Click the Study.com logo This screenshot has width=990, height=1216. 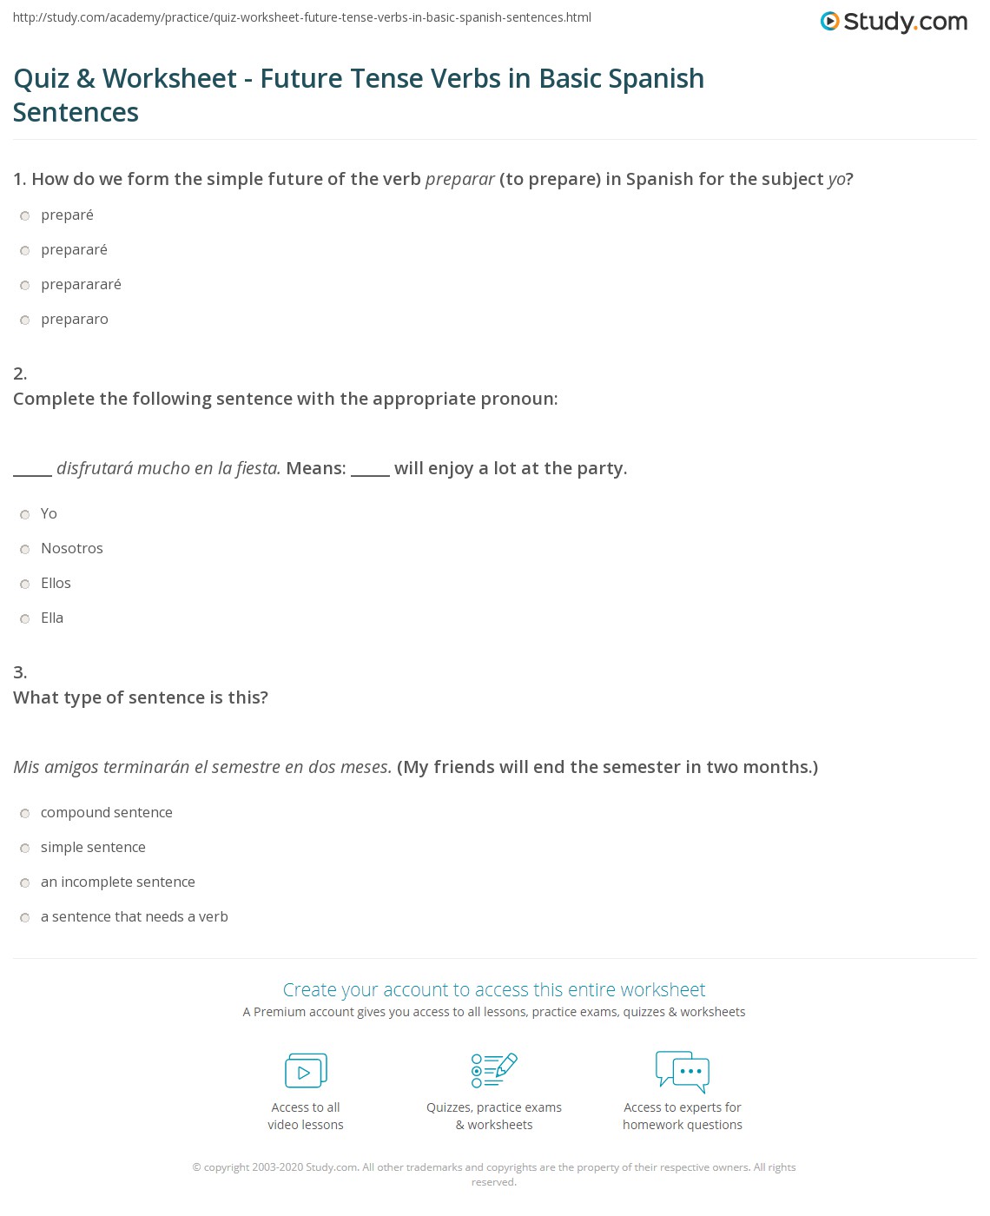(x=894, y=22)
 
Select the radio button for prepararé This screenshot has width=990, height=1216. (x=25, y=251)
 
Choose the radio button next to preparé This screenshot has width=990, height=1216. (x=25, y=216)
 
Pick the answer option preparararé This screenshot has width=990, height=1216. (x=25, y=286)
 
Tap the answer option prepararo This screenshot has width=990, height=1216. (x=25, y=321)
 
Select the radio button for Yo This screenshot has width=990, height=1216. (x=25, y=515)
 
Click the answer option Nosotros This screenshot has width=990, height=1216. (x=25, y=550)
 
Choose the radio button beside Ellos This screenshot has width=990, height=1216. (x=25, y=585)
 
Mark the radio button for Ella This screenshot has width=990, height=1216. (x=25, y=619)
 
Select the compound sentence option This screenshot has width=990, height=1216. (x=25, y=814)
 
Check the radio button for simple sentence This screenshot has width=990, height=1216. (x=25, y=849)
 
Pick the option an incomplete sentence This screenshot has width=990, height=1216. (x=25, y=883)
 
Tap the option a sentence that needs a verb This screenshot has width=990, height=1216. (x=25, y=918)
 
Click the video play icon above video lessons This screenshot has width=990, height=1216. (x=306, y=1071)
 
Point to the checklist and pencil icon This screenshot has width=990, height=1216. (x=494, y=1070)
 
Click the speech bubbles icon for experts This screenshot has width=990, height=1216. (x=683, y=1070)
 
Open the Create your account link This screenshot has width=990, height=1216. (x=494, y=990)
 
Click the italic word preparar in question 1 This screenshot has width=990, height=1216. (x=459, y=180)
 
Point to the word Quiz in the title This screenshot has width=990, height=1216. (x=41, y=79)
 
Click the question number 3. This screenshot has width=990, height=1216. (x=20, y=672)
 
